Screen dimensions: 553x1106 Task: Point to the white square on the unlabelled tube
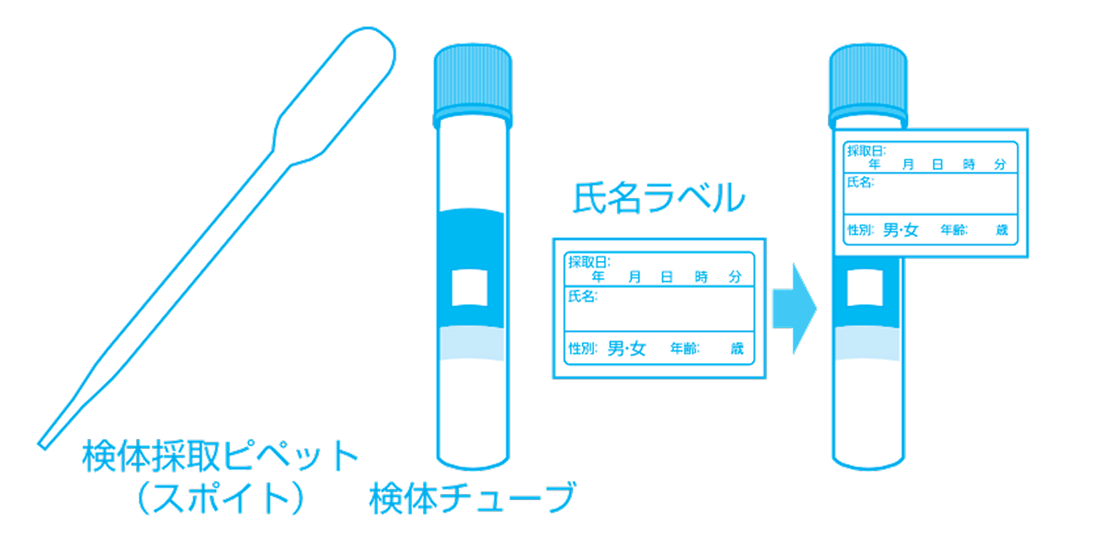[x=470, y=287]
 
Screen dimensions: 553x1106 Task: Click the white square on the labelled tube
[x=865, y=287]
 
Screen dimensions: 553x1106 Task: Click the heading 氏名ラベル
[x=658, y=198]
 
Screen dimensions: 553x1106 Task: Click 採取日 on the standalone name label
[x=589, y=262]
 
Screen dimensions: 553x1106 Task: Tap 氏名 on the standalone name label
[x=582, y=296]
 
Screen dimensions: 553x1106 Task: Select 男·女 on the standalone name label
[x=626, y=348]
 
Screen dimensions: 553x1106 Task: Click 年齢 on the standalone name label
[x=685, y=348]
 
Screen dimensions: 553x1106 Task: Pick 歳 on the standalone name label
[x=737, y=348]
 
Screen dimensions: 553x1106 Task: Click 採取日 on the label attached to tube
[x=866, y=151]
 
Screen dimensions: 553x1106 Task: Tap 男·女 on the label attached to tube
[x=901, y=230]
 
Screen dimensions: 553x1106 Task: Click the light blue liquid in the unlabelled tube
[x=470, y=344]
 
